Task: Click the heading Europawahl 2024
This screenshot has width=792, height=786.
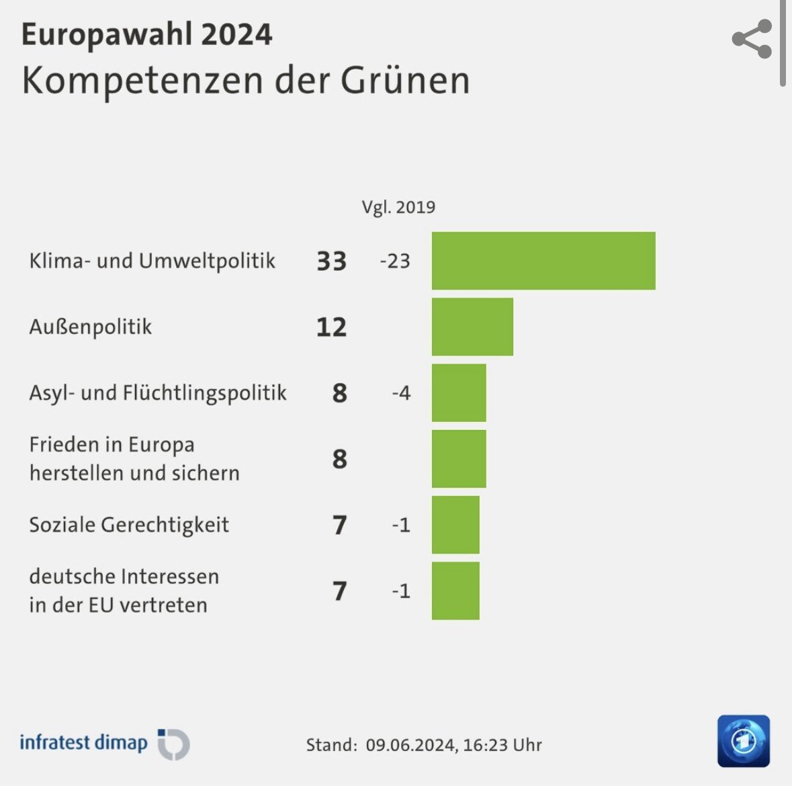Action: (x=146, y=34)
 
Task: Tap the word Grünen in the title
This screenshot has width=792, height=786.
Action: (x=404, y=80)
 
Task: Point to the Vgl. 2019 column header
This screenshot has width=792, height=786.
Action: (x=398, y=207)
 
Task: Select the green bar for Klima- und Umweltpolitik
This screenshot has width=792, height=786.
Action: (x=543, y=261)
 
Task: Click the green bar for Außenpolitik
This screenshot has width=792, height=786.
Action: (x=472, y=326)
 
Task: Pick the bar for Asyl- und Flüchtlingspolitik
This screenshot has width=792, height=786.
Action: (x=459, y=392)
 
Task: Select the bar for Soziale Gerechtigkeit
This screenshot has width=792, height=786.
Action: (x=455, y=524)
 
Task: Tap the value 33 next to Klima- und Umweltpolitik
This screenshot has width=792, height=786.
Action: (x=331, y=261)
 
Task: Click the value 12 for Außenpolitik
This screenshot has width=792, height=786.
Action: (x=331, y=327)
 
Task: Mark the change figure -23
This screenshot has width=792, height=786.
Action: (x=395, y=261)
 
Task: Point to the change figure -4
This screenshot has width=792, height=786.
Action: (x=401, y=392)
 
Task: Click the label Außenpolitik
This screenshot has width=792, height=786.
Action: (x=91, y=327)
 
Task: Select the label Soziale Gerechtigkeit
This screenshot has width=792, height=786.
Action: (x=129, y=524)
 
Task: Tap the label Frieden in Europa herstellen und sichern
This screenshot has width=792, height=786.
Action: (x=134, y=458)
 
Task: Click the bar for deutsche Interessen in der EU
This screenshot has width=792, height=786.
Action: (x=455, y=591)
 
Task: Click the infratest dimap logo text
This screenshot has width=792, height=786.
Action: (x=83, y=742)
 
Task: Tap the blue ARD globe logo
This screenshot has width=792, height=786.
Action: (x=743, y=741)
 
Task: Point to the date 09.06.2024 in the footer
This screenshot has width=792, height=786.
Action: (x=408, y=744)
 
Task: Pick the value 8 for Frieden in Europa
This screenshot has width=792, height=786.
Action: (x=339, y=459)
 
